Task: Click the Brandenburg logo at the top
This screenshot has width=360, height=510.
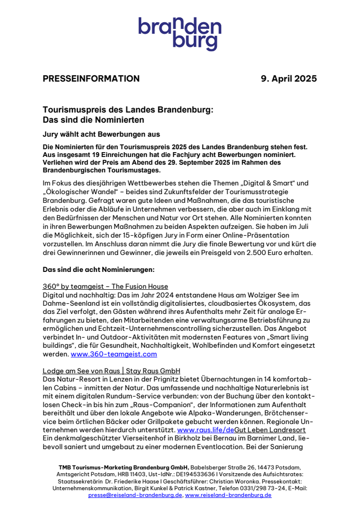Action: point(180,33)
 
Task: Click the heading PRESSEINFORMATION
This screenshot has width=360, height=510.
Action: point(91,79)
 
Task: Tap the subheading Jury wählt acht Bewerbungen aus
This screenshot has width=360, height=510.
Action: point(101,134)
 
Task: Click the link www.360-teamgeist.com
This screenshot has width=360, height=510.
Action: point(114,354)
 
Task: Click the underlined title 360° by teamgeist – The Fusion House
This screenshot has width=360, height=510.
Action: point(105,286)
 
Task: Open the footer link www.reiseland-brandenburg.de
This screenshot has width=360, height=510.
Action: point(228,495)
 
